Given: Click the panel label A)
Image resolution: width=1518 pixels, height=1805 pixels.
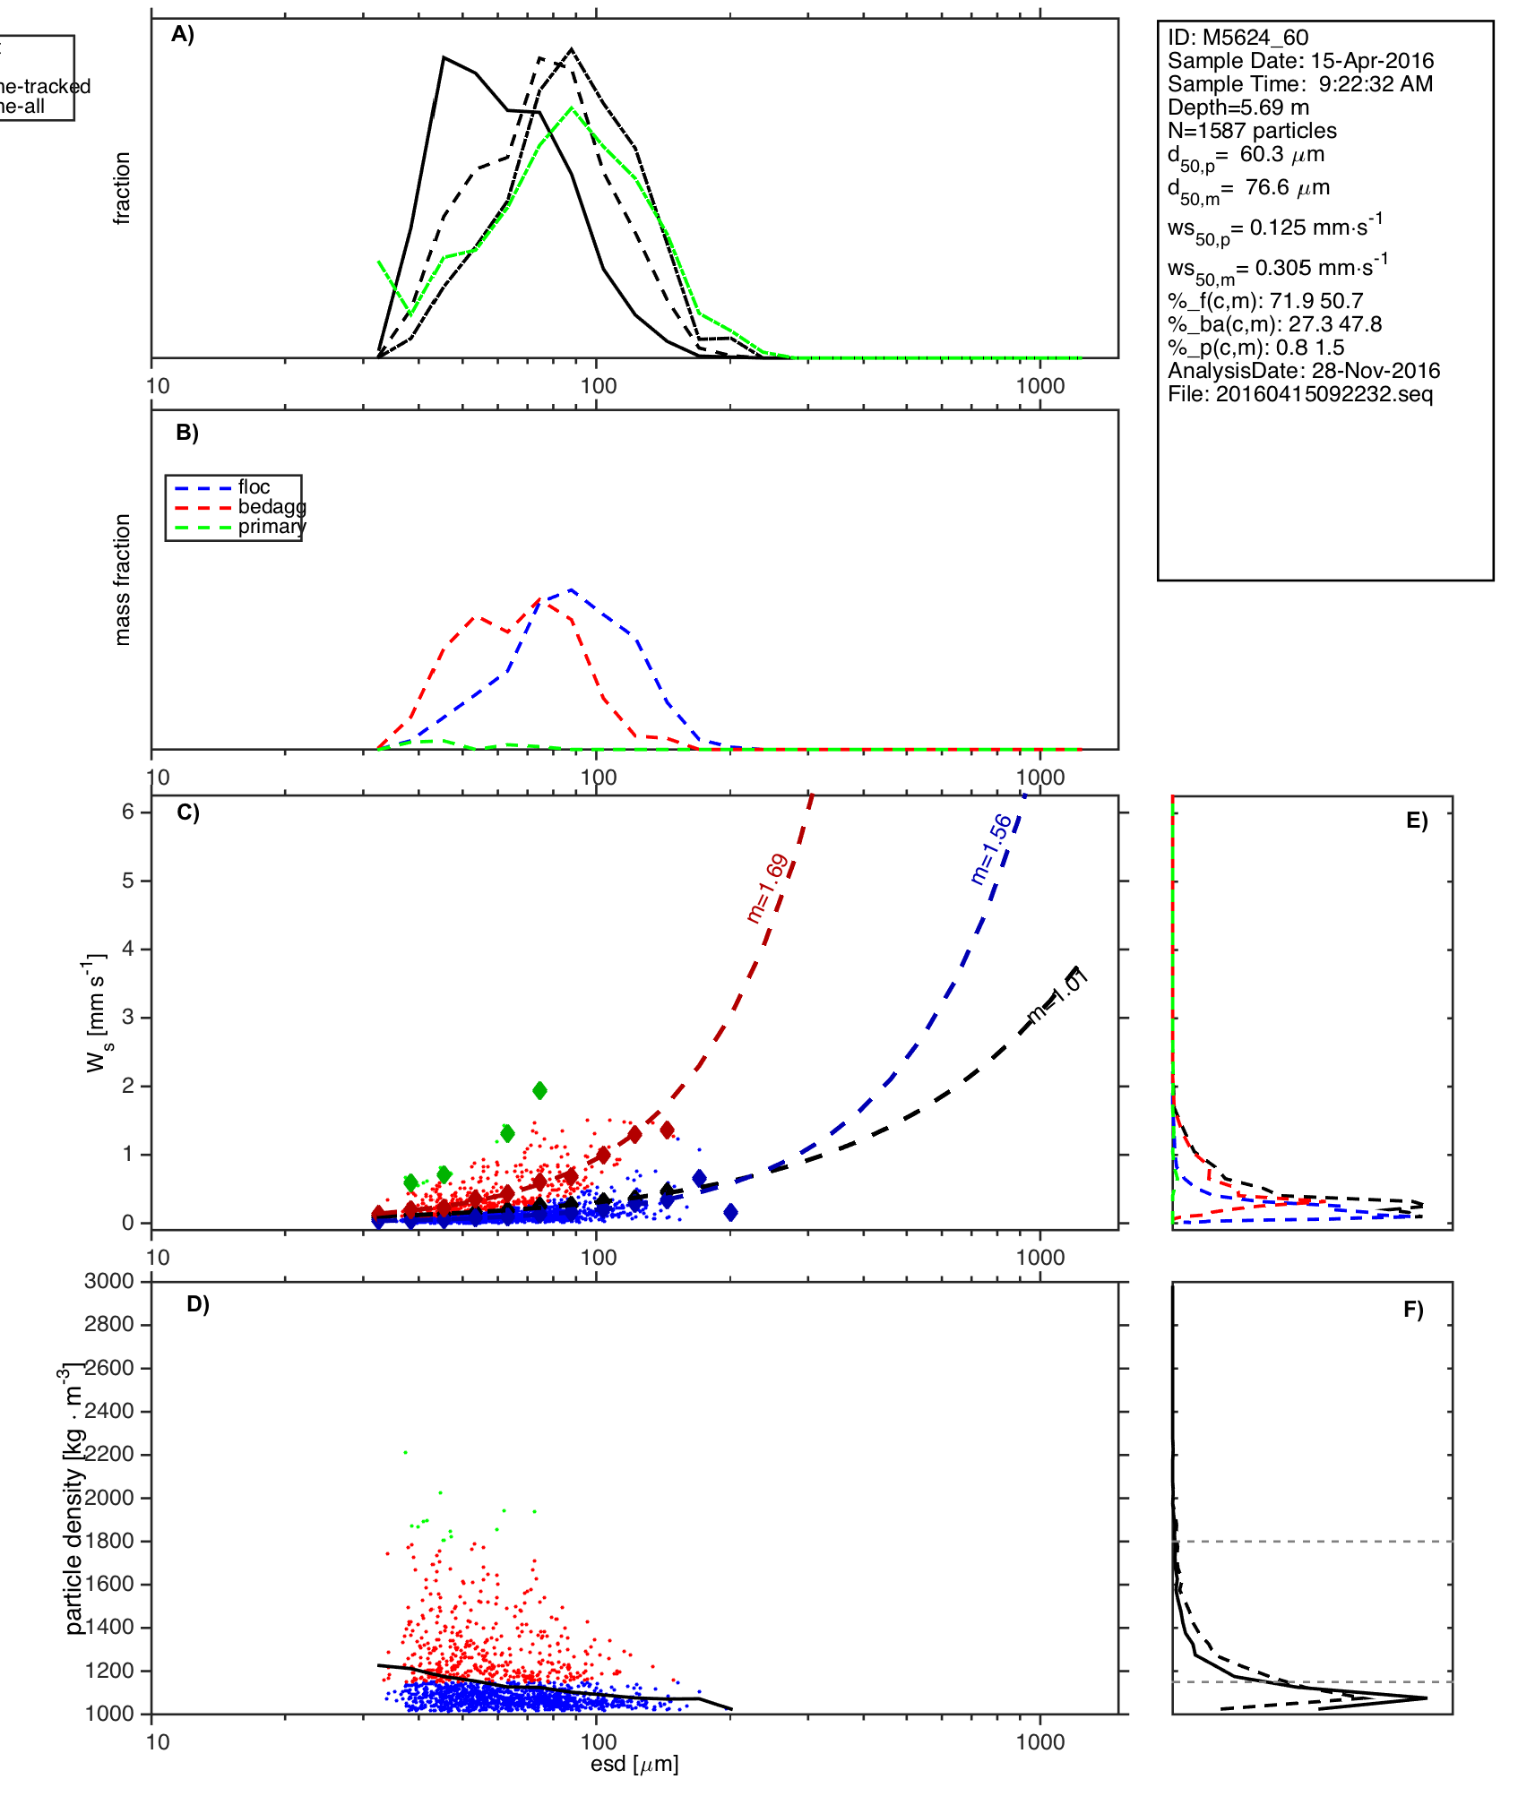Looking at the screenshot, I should [183, 34].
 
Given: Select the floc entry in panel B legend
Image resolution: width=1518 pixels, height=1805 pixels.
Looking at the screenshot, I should [254, 487].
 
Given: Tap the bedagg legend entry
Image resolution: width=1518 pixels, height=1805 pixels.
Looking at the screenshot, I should [271, 507].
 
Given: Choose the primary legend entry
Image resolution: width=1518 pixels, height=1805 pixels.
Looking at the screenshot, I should [271, 527].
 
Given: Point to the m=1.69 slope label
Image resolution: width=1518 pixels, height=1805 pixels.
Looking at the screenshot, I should [768, 889].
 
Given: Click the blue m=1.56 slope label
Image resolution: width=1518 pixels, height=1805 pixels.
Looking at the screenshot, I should [991, 849].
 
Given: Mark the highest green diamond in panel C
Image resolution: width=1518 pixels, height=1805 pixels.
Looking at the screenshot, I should [539, 1090].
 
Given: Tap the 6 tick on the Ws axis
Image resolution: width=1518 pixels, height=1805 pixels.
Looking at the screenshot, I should [129, 812].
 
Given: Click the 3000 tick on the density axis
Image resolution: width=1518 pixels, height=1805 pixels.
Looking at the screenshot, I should [109, 1281].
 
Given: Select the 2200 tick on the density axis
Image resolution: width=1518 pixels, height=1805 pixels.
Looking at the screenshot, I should [109, 1454].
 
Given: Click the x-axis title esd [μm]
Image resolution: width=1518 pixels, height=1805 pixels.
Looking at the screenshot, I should [634, 1764].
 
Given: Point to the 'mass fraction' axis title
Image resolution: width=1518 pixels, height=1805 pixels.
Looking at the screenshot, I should [123, 580].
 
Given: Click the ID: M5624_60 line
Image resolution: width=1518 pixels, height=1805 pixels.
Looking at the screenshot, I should [1238, 38].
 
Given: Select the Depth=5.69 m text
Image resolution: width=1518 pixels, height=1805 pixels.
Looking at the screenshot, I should [1238, 107].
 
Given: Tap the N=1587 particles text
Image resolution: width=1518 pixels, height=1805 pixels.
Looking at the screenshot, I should [1252, 131].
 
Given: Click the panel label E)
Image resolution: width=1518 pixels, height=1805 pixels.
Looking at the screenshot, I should [1417, 821].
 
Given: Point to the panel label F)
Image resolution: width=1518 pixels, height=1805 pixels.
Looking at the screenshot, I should [1413, 1310].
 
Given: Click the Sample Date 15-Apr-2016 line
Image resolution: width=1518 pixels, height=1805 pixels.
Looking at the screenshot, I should [1300, 61].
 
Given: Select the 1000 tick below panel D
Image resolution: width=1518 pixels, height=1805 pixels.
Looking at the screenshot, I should [1040, 1741].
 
